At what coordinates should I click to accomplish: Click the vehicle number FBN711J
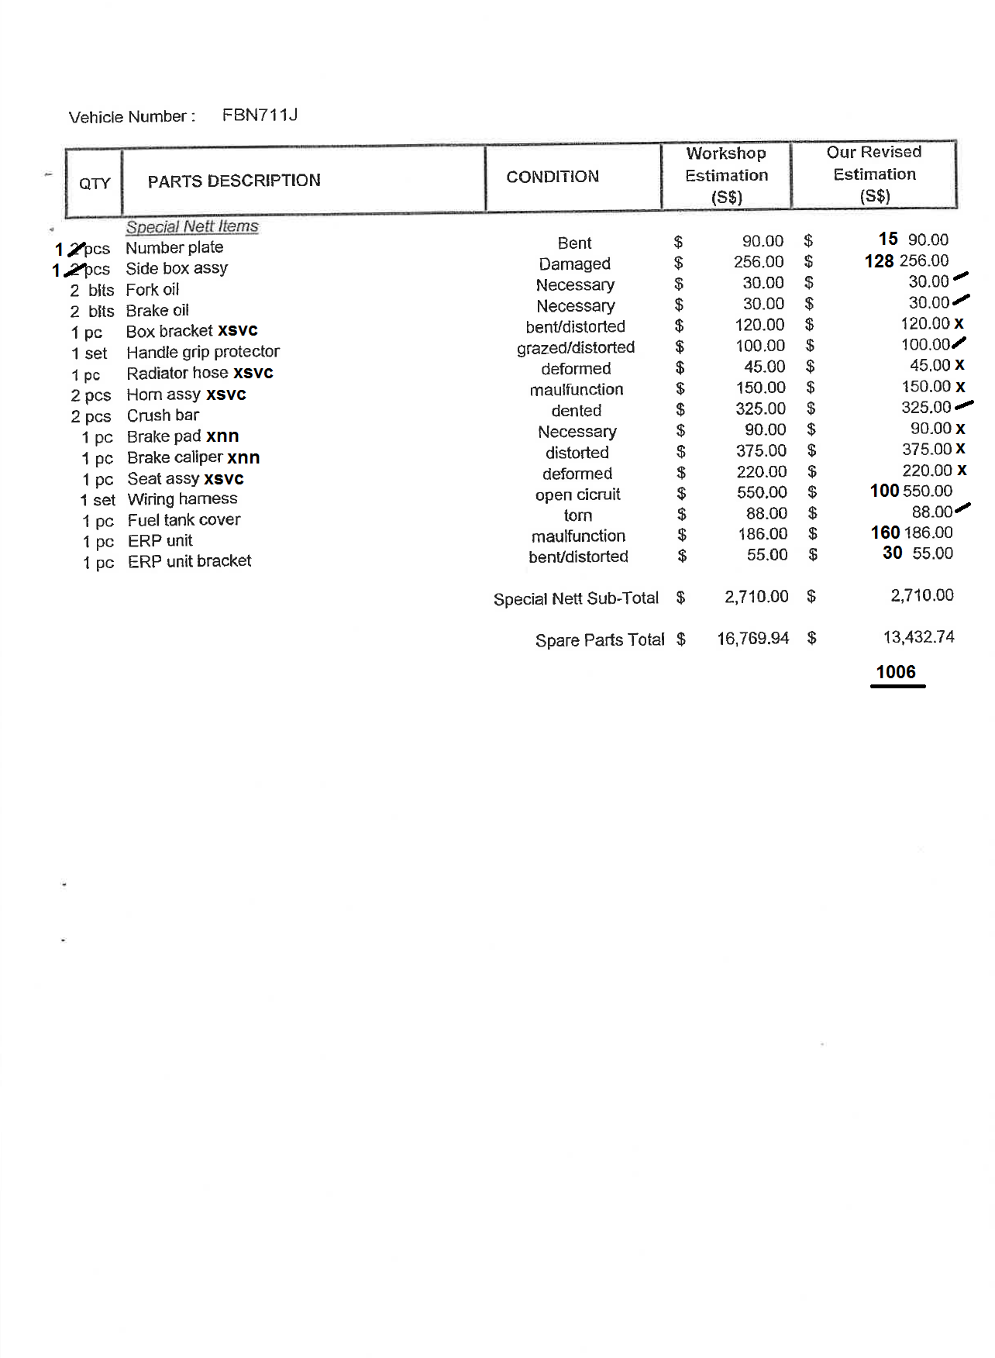pos(260,115)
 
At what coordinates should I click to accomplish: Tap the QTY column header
pos(95,183)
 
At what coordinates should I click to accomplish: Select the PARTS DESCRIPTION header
pos(234,181)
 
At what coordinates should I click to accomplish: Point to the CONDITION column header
pos(553,177)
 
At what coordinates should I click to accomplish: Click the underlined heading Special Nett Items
pos(192,226)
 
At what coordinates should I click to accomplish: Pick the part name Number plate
pos(174,247)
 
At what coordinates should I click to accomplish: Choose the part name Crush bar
pos(163,415)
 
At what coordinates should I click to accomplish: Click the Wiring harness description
pos(182,499)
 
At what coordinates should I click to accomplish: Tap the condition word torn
pos(578,515)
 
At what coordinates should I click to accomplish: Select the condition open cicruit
pos(577,495)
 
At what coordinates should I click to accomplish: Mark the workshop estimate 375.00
pos(761,450)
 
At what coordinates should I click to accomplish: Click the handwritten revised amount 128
pos(879,261)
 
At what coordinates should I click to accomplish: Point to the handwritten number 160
pos(885,533)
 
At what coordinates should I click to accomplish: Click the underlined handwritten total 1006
pos(896,672)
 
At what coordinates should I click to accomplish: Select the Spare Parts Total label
pos(600,640)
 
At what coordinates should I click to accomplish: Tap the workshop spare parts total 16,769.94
pos(752,639)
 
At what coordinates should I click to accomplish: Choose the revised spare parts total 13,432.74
pos(918,637)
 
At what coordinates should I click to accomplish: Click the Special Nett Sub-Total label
pos(576,598)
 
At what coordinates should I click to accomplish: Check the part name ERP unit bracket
pos(189,561)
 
